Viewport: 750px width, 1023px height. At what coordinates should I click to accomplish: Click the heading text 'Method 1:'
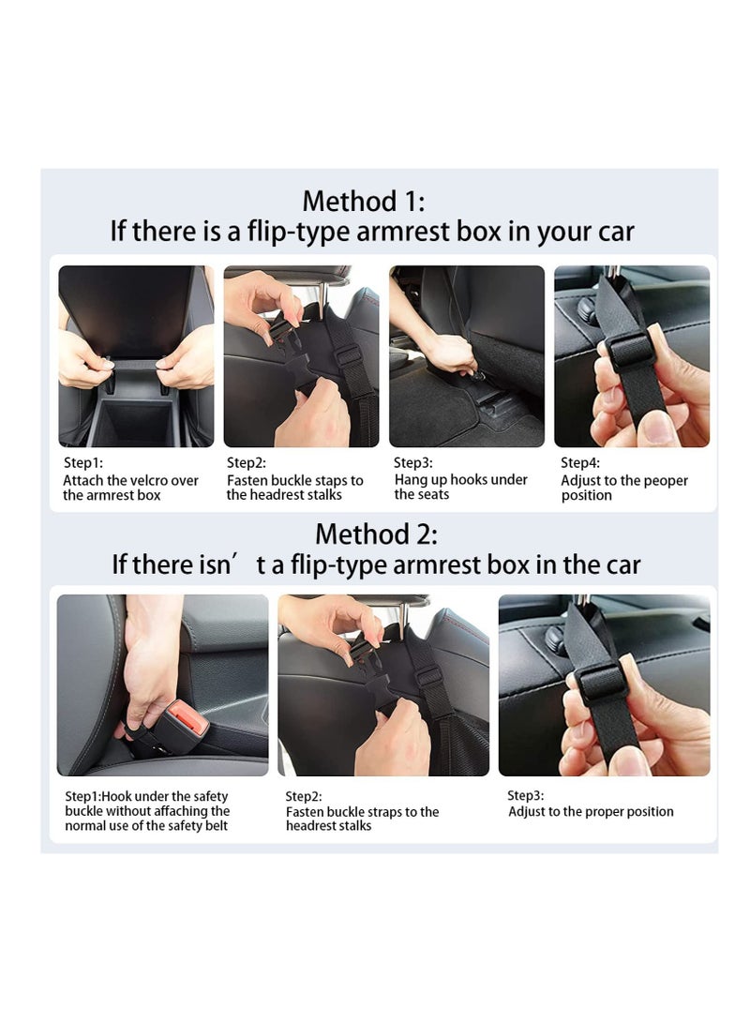[x=363, y=201]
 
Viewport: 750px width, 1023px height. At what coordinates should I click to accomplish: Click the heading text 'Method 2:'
[x=376, y=534]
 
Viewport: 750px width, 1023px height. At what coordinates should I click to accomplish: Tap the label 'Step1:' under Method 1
[x=82, y=462]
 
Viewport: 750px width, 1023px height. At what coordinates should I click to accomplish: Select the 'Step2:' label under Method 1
[x=247, y=462]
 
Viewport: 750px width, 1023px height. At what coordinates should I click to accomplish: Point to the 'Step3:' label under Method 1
[x=412, y=462]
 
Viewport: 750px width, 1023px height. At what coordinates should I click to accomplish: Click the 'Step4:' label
[x=579, y=462]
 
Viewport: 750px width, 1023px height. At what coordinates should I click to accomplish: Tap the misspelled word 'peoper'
[x=667, y=481]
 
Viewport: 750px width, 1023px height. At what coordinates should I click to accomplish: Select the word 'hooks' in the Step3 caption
[x=468, y=479]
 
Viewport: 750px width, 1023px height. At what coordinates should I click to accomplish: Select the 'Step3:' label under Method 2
[x=526, y=795]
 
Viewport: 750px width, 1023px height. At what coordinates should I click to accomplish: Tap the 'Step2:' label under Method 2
[x=303, y=796]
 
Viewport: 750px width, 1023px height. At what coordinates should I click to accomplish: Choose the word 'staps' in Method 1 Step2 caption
[x=331, y=481]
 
